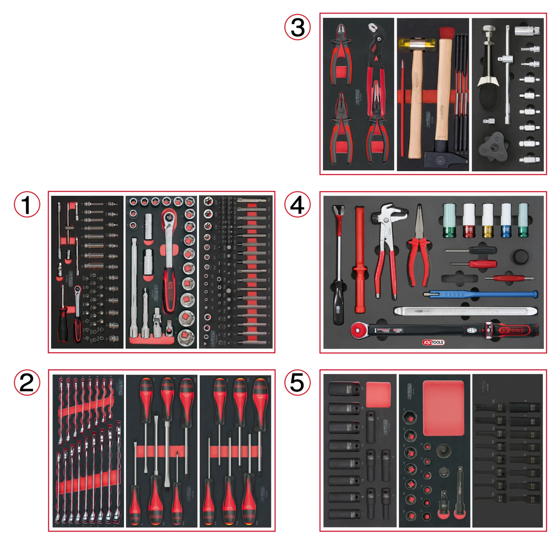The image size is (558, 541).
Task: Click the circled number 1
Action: [27, 205]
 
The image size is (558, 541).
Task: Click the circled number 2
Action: [27, 383]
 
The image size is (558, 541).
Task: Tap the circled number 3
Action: [297, 27]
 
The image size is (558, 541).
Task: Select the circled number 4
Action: [297, 205]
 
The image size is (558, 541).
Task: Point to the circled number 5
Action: [297, 383]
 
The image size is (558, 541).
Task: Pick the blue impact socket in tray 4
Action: [506, 220]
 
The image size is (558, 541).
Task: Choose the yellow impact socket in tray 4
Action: [488, 220]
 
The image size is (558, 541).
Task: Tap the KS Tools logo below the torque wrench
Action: [433, 342]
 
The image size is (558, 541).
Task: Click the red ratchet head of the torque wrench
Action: [358, 330]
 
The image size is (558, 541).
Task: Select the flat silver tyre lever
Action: [465, 311]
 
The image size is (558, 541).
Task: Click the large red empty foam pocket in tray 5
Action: [443, 408]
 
